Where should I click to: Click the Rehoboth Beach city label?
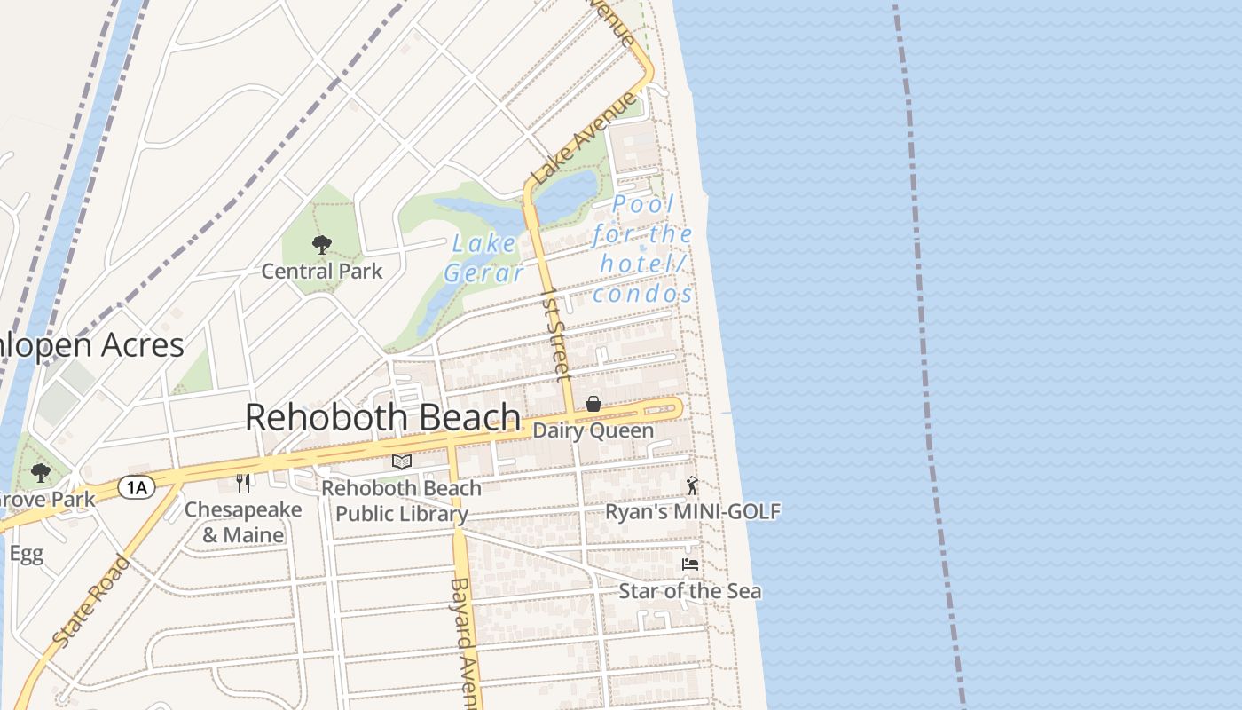pyautogui.click(x=382, y=417)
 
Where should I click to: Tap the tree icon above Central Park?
pyautogui.click(x=321, y=245)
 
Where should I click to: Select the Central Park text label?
pyautogui.click(x=321, y=271)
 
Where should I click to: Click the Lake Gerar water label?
pyautogui.click(x=484, y=257)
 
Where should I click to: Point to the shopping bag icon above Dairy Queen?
pyautogui.click(x=593, y=405)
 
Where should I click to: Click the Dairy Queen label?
pyautogui.click(x=593, y=431)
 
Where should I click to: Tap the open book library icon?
pyautogui.click(x=402, y=461)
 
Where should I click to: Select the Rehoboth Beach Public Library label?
pyautogui.click(x=402, y=501)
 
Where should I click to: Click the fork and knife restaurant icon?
pyautogui.click(x=243, y=483)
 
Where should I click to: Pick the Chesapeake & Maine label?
pyautogui.click(x=243, y=523)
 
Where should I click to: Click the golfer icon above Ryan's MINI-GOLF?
pyautogui.click(x=692, y=485)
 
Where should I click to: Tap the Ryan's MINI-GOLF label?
pyautogui.click(x=693, y=512)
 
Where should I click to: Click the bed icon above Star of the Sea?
pyautogui.click(x=690, y=564)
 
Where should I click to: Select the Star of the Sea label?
pyautogui.click(x=689, y=591)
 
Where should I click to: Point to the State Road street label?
pyautogui.click(x=91, y=601)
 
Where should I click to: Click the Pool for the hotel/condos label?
pyautogui.click(x=643, y=249)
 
